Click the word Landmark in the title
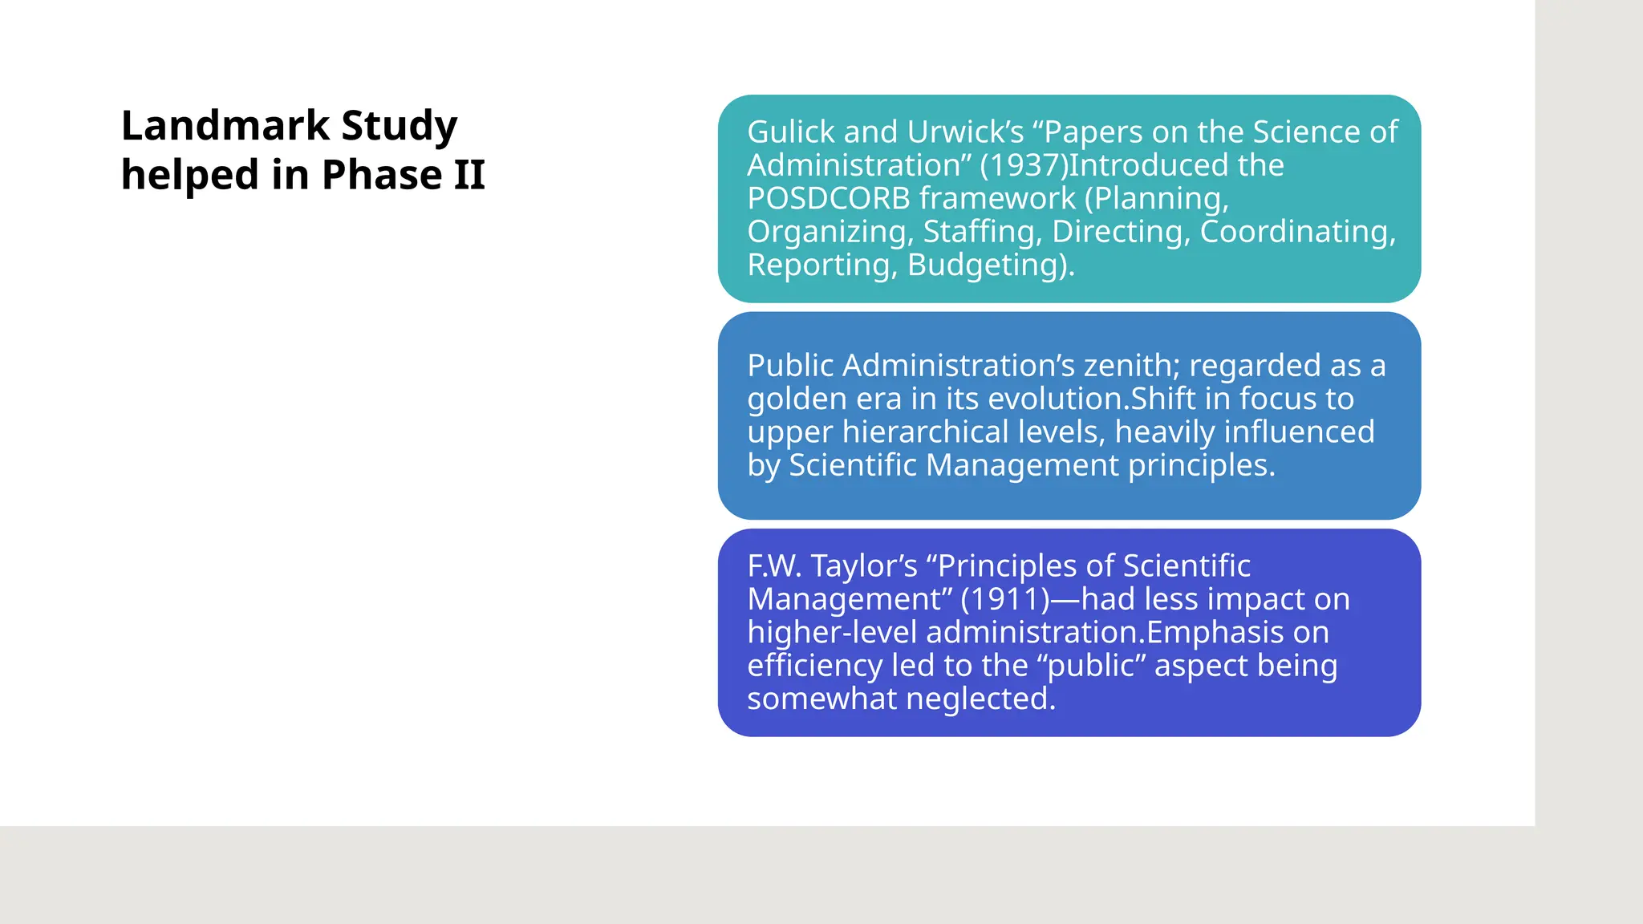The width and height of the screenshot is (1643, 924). coord(225,126)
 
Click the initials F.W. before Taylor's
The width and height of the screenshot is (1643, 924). coord(774,566)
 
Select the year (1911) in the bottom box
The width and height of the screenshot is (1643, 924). coord(1004,600)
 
